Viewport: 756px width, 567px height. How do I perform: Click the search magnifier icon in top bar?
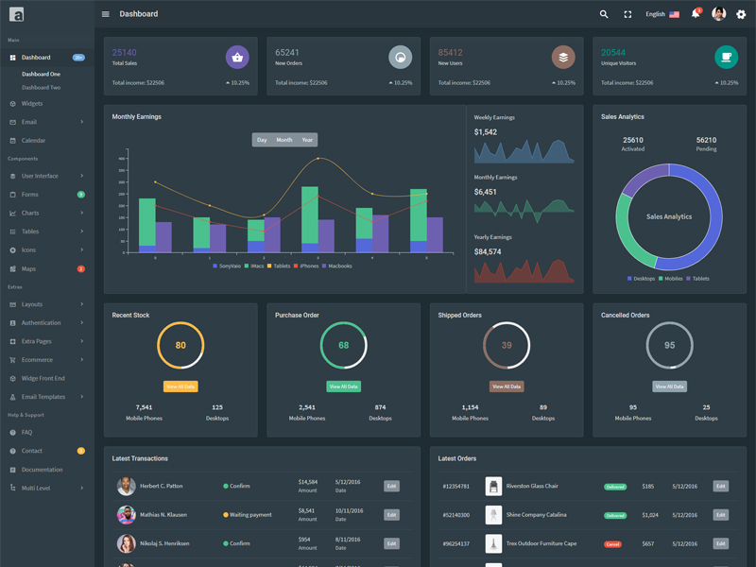(x=604, y=14)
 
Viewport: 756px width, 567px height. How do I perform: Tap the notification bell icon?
(x=696, y=14)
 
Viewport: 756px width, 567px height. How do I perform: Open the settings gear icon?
(x=741, y=14)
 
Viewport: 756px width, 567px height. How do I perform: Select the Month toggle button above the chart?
(x=283, y=140)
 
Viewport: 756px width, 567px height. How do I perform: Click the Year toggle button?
(x=307, y=140)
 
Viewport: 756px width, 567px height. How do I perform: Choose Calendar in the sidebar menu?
(x=33, y=140)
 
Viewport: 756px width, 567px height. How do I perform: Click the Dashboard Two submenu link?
(x=42, y=87)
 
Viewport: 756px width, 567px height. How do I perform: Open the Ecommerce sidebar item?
(x=37, y=359)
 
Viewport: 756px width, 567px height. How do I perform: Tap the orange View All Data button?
(x=180, y=387)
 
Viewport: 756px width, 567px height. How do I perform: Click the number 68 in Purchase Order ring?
(x=344, y=345)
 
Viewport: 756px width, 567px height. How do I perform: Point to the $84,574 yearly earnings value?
(x=488, y=252)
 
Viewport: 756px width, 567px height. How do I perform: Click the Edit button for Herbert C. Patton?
(x=391, y=486)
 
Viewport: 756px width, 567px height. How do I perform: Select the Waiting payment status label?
(x=250, y=515)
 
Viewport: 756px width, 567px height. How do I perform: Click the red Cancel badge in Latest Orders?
(x=612, y=544)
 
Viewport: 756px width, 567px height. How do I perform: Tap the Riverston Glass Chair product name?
(x=532, y=486)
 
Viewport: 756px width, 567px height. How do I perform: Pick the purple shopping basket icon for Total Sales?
(x=237, y=58)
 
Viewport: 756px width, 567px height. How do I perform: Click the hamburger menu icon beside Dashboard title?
(x=105, y=14)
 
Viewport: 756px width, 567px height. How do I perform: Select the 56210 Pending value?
(x=706, y=140)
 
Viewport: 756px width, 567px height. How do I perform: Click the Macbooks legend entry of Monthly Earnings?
(x=339, y=266)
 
